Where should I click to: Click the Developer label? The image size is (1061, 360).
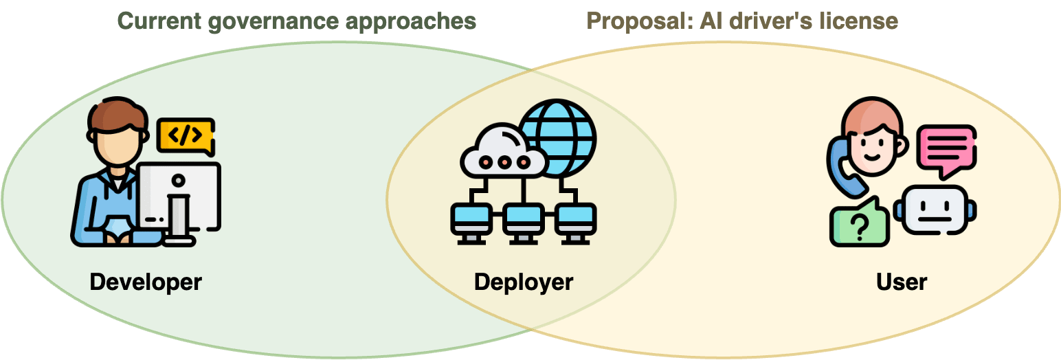(146, 282)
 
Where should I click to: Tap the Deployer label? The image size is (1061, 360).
(524, 282)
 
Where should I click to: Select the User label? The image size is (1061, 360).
(902, 282)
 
